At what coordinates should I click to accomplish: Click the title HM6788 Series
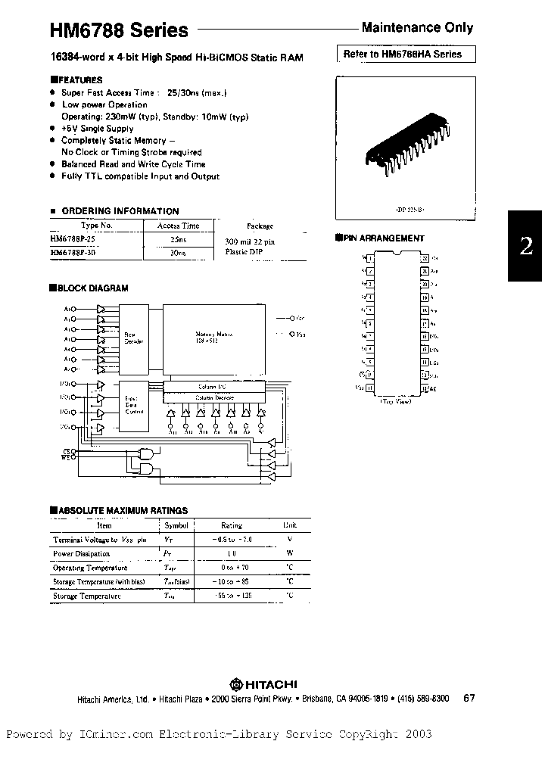coord(119,30)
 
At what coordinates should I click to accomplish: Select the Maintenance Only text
coord(417,28)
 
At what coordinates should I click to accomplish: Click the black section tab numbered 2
coord(526,246)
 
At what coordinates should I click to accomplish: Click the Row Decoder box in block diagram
coord(134,337)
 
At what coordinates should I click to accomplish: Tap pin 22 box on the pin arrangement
coord(425,258)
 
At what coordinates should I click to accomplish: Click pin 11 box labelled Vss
coord(369,388)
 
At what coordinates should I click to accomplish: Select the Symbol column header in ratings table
coord(176,525)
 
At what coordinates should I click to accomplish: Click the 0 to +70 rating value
coord(231,568)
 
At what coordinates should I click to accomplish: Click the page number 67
coord(469,699)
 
